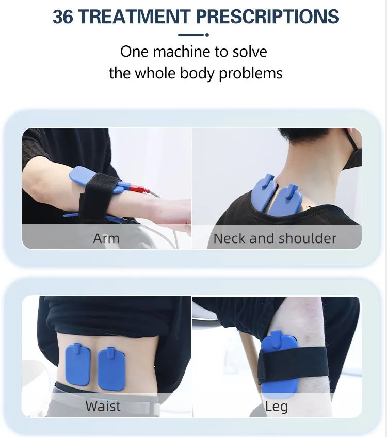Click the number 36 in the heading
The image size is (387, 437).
click(62, 17)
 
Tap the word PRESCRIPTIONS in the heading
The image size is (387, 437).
click(268, 17)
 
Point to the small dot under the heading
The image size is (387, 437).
click(207, 35)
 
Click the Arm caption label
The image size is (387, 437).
click(106, 238)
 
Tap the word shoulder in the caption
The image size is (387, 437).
click(307, 238)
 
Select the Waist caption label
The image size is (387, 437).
click(103, 406)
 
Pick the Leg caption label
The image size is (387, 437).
click(276, 407)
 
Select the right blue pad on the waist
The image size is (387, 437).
click(111, 368)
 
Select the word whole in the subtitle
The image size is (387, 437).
click(155, 73)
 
